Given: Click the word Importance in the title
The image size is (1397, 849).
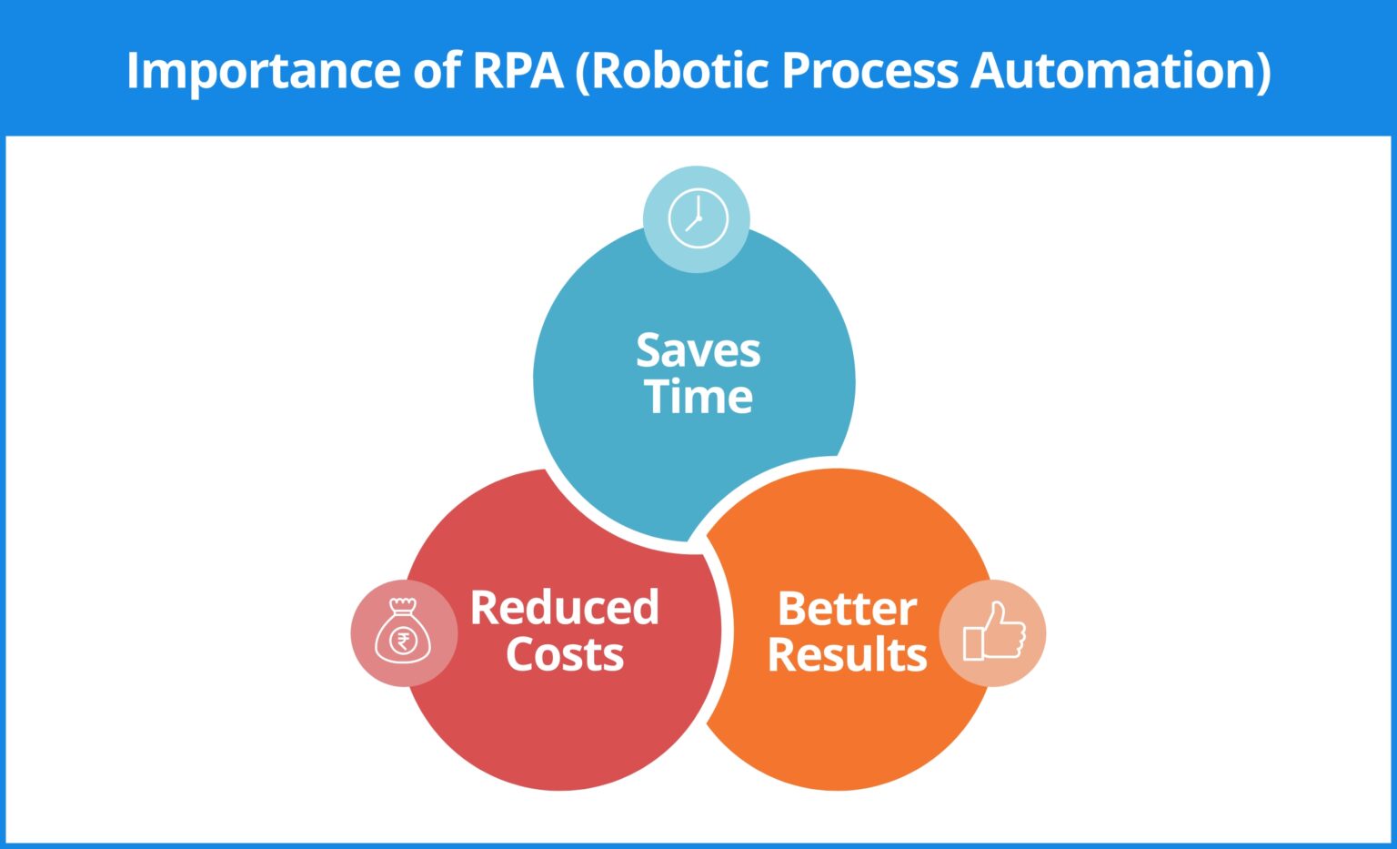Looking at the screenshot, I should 263,71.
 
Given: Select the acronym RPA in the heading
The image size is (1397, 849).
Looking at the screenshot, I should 518,70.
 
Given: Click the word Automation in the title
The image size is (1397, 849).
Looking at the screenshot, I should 1114,70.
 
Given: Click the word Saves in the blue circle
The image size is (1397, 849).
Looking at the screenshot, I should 698,350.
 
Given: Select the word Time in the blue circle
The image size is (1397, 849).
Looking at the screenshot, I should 698,397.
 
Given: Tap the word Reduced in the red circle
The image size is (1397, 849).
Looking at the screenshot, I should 564,608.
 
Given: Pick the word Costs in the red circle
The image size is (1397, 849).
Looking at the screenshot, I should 564,654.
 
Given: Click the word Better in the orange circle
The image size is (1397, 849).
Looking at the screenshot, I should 847,609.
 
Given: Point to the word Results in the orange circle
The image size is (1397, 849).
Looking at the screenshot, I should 847,654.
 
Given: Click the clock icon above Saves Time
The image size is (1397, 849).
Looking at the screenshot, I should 698,219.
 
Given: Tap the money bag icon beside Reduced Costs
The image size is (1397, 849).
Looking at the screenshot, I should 403,632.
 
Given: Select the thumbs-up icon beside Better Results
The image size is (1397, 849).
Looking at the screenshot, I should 993,632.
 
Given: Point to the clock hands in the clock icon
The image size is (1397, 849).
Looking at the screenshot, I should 696,218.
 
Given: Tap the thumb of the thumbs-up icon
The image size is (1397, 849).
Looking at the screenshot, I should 998,614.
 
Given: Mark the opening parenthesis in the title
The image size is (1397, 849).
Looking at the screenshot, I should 582,71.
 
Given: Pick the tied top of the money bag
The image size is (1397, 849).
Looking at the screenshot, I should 402,605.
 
